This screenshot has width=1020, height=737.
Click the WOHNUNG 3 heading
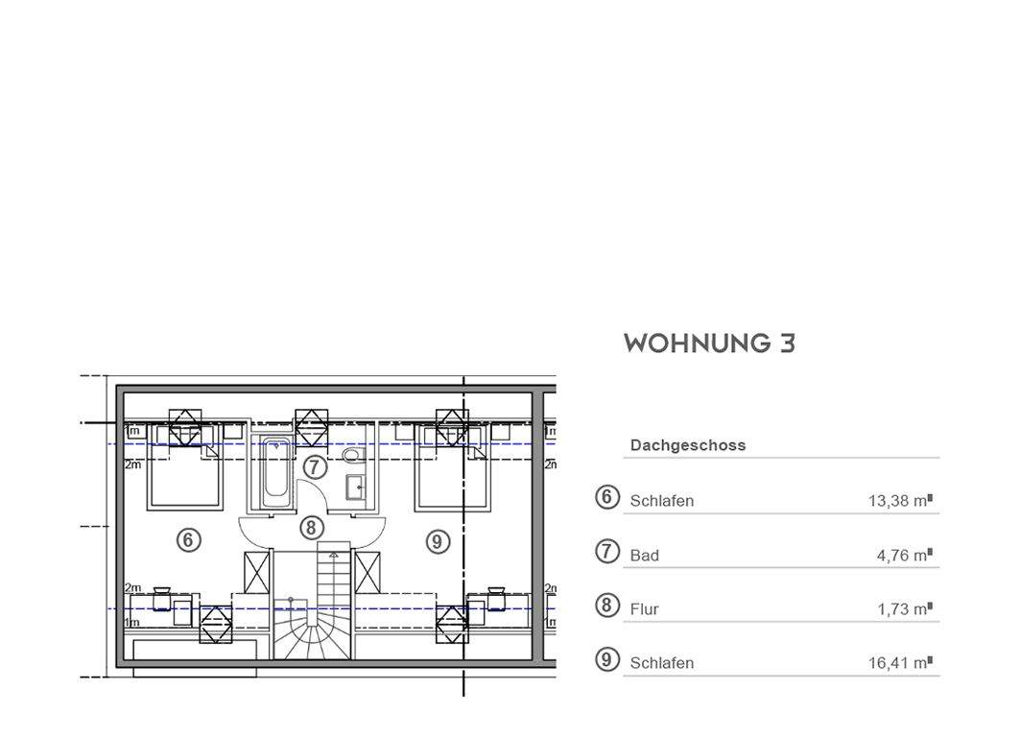click(x=709, y=344)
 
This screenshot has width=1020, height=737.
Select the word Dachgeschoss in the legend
click(x=687, y=445)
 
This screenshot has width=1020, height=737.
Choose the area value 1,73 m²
click(x=904, y=608)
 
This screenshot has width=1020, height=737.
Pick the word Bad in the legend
click(x=644, y=555)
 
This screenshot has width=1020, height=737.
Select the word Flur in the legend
click(x=644, y=608)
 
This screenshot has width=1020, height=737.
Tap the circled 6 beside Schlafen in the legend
click(x=606, y=497)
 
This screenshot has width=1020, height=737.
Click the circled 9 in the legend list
click(x=606, y=659)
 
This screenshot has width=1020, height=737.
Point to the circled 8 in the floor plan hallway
click(x=310, y=527)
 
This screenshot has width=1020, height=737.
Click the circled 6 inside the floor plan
click(x=189, y=540)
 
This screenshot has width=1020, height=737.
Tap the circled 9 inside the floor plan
click(x=437, y=542)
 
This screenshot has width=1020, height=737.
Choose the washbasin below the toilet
click(x=354, y=487)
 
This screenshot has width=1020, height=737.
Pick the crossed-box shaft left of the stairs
click(x=257, y=573)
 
